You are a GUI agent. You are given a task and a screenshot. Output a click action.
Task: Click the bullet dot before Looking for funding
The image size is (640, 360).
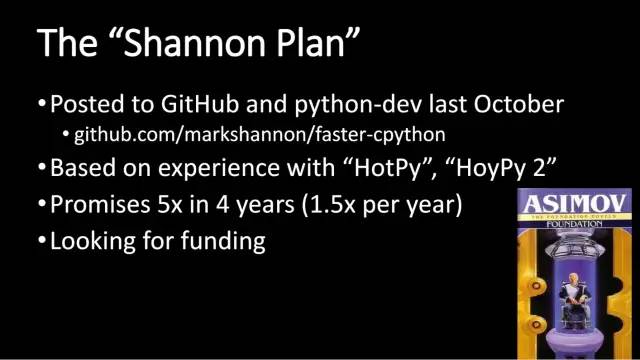[x=42, y=242]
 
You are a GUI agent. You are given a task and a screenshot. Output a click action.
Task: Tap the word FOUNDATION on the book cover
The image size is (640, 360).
[x=566, y=225]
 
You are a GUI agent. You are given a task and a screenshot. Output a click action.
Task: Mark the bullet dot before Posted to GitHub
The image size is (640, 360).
[x=42, y=104]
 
